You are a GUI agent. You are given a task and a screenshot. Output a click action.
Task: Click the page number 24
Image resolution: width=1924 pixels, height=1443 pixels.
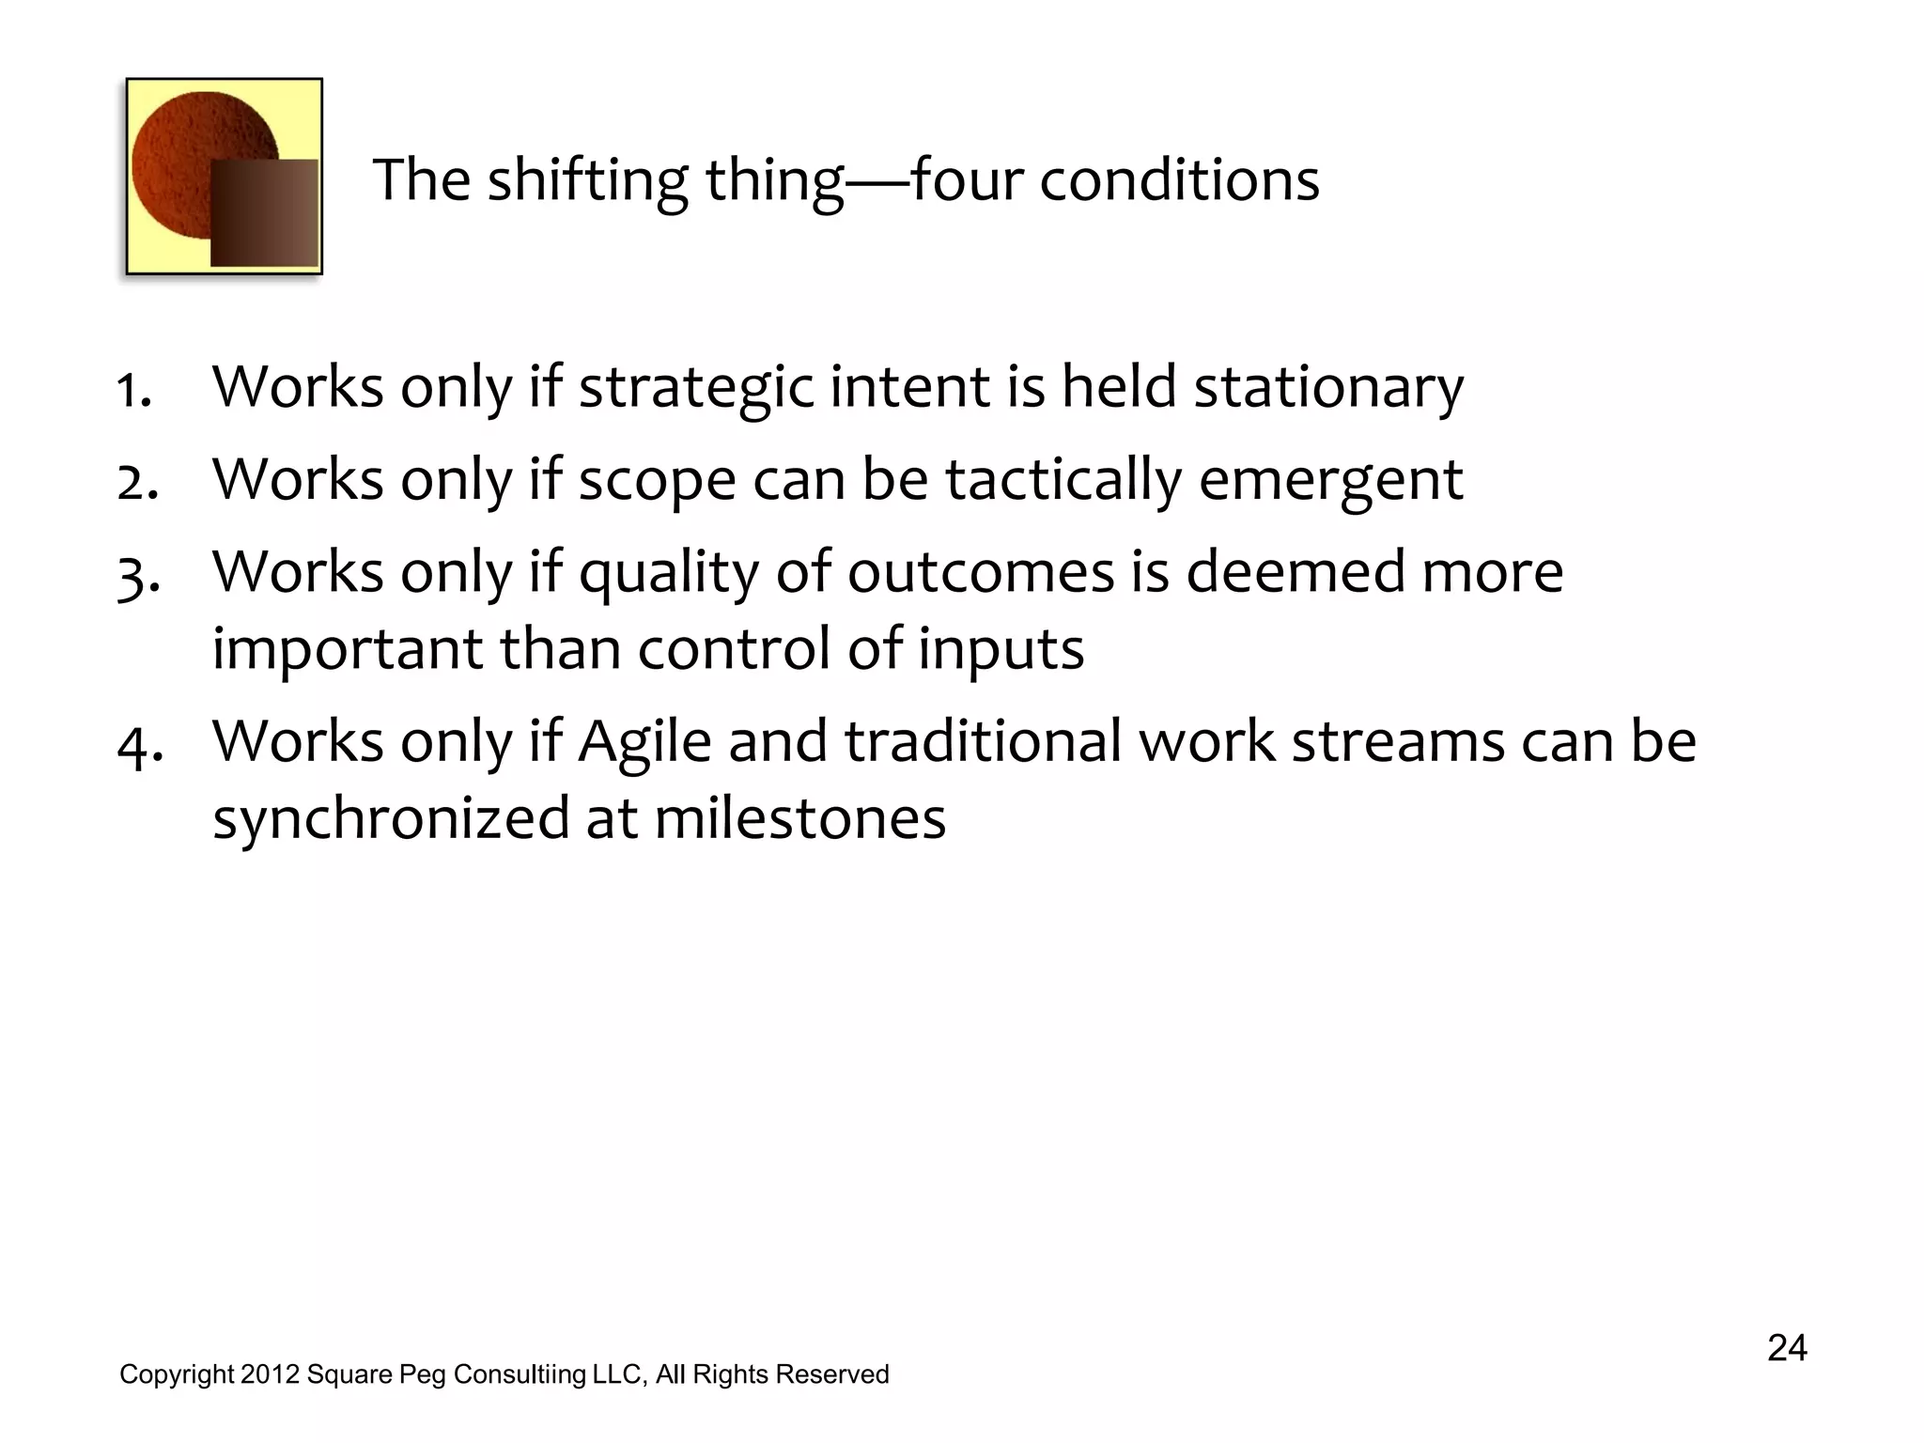point(1787,1348)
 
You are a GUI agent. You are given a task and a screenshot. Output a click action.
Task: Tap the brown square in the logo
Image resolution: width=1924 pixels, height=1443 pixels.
point(264,212)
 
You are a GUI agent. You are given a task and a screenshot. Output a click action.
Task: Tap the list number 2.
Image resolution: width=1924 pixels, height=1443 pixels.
point(137,481)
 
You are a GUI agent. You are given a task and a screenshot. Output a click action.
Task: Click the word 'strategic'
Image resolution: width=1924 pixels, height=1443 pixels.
point(695,387)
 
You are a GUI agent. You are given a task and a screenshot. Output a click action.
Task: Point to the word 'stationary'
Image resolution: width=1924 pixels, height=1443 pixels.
point(1327,387)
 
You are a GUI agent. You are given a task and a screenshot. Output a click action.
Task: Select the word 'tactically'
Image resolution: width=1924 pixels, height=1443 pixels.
point(1063,480)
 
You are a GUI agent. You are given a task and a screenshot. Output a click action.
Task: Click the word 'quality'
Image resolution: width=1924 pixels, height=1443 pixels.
point(668,573)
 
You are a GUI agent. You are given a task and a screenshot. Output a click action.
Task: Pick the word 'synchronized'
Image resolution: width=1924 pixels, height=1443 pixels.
point(391,817)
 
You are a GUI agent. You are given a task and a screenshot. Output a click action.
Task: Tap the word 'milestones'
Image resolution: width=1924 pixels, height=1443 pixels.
point(799,817)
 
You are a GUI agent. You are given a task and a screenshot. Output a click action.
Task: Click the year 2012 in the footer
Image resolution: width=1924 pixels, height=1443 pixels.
point(270,1374)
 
